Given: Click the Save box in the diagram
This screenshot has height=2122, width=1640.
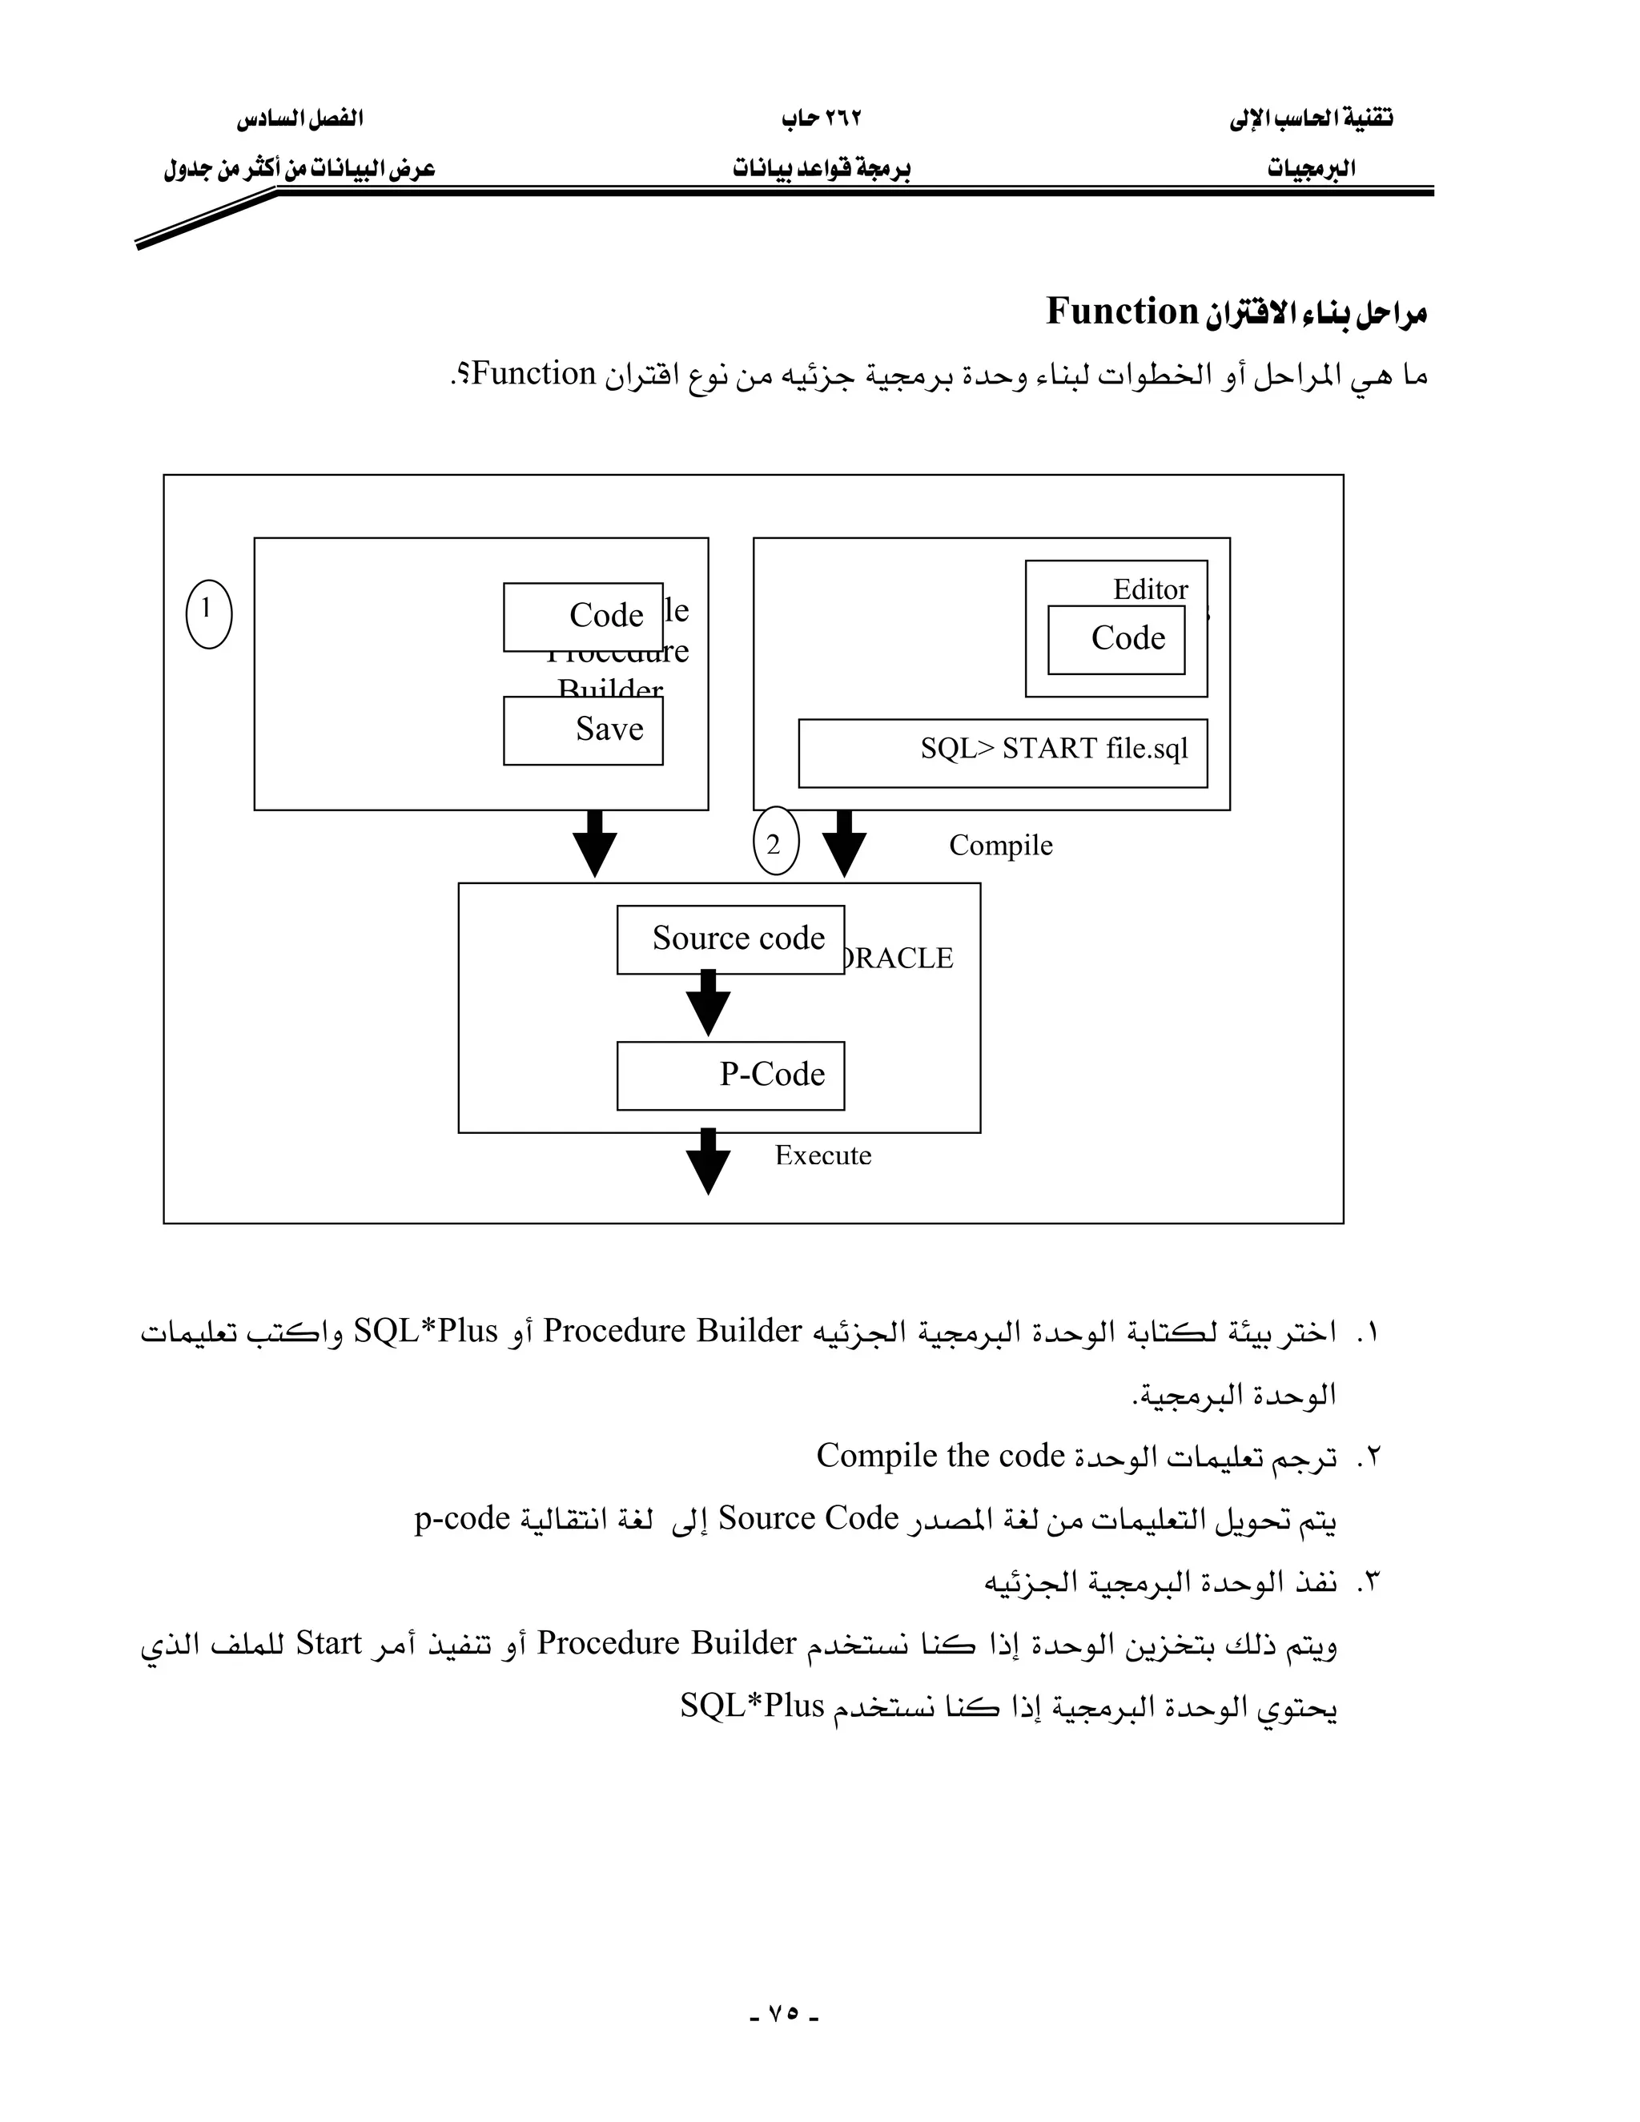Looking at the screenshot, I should coord(583,729).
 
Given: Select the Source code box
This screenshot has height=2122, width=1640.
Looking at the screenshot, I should coord(730,938).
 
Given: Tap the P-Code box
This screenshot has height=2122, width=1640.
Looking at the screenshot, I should coord(730,1075).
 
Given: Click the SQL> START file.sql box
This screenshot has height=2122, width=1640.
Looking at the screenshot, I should coord(1003,752).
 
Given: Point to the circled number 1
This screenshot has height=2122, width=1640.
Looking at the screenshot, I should coord(209,613).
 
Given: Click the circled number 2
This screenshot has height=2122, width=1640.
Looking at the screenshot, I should coord(775,842).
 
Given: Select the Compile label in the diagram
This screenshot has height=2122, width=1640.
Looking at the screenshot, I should coord(1001,846).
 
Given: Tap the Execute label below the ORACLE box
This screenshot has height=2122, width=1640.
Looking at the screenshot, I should coord(823,1155).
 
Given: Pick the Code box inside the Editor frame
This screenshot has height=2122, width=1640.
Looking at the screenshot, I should coord(1116,639).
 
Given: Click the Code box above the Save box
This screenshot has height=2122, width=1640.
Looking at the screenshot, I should coord(583,616).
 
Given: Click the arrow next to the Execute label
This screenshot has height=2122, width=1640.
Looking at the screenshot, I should coord(708,1161).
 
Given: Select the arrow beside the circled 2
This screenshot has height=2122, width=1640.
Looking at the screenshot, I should coord(844,843).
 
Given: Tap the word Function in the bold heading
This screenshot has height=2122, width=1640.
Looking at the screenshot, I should coord(1122,311).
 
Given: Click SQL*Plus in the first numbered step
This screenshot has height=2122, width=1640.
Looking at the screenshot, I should coord(425,1330).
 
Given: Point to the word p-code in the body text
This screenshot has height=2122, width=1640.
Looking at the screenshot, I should coord(463,1517).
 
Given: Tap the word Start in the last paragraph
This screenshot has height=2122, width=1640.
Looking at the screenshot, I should coord(328,1643).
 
